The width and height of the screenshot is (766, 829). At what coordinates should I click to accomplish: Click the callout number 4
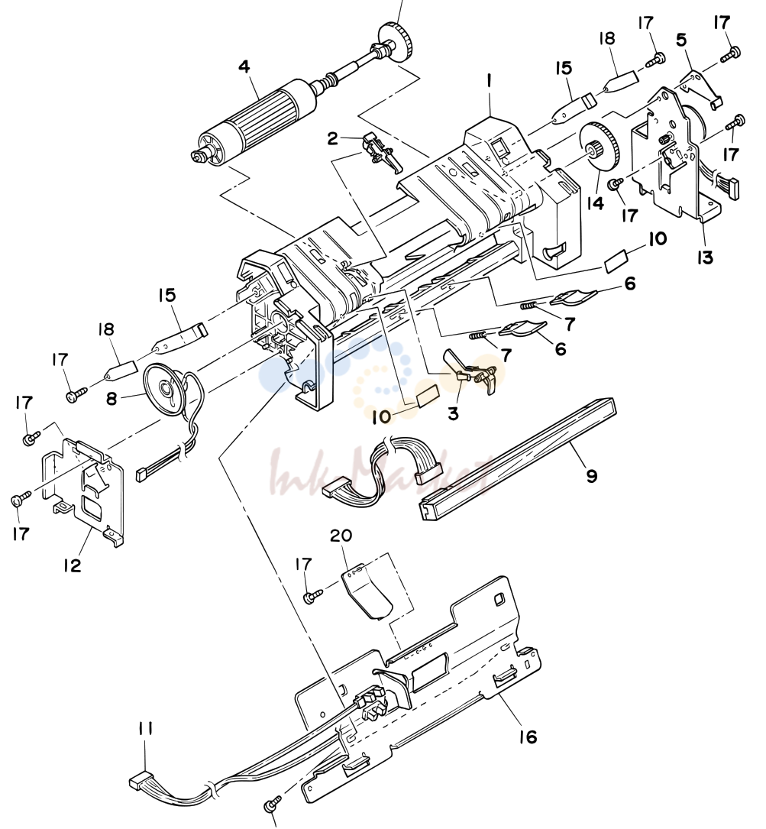point(244,67)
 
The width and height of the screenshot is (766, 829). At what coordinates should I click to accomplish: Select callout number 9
point(592,475)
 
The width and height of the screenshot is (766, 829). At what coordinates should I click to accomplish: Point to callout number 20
point(341,536)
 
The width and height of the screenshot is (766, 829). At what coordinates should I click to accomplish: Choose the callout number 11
point(145,729)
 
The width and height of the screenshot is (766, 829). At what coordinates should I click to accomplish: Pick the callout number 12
point(73,565)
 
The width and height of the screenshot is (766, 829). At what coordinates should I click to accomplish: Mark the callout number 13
point(705,257)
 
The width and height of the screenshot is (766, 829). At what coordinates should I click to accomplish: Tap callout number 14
point(596,202)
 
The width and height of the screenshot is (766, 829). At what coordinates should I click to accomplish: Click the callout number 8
point(112,398)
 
